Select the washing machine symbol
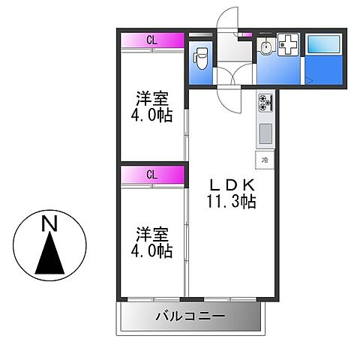pyautogui.click(x=289, y=46)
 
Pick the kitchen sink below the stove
pyautogui.click(x=265, y=134)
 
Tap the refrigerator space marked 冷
pyautogui.click(x=265, y=159)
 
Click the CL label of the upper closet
pyautogui.click(x=151, y=40)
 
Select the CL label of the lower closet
pyautogui.click(x=151, y=175)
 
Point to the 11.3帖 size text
pyautogui.click(x=232, y=201)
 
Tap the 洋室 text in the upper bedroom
pyautogui.click(x=151, y=98)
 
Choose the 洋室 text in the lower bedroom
pyautogui.click(x=151, y=234)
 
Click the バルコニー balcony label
pyautogui.click(x=190, y=317)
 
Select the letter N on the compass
pyautogui.click(x=49, y=223)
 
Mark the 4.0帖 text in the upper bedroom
pyautogui.click(x=151, y=115)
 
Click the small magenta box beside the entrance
pyautogui.click(x=244, y=34)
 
